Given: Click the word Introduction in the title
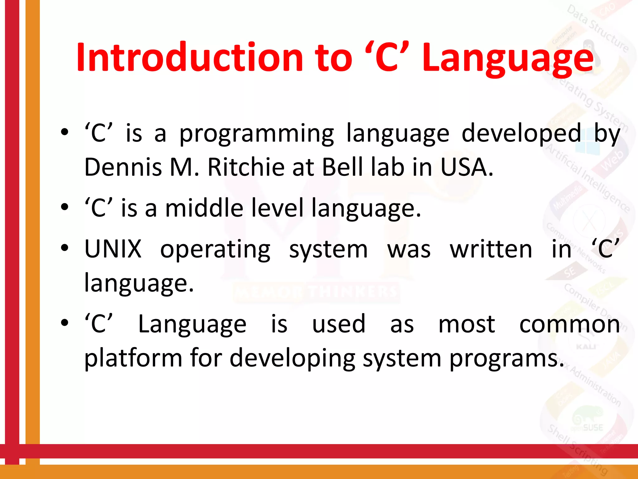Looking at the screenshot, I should [189, 58].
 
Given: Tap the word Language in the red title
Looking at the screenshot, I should [508, 59].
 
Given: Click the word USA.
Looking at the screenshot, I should [466, 167].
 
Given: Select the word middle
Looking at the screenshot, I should [204, 208].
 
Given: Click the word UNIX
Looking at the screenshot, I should [113, 249].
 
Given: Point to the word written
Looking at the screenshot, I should [491, 249].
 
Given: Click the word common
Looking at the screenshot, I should [569, 324].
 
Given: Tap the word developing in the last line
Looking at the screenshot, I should [292, 359].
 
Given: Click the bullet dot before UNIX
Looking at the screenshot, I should [64, 249].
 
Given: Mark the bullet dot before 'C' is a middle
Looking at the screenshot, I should [64, 207].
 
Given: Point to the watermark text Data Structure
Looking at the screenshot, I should [597, 29].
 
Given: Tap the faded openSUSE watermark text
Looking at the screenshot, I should [587, 428].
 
